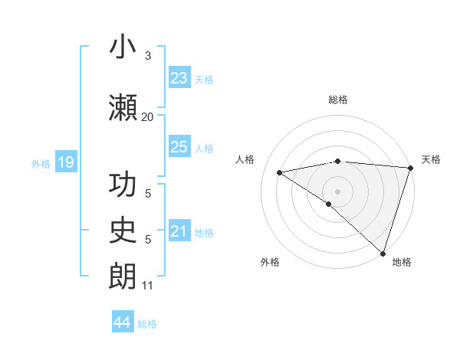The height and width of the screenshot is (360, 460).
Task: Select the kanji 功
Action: click(122, 186)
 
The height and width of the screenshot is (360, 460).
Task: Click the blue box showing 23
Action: click(179, 78)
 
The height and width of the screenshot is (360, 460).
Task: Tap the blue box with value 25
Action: click(179, 147)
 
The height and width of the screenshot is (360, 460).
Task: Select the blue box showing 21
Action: click(179, 231)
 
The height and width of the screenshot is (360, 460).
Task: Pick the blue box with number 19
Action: click(65, 162)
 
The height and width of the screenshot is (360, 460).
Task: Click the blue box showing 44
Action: click(123, 322)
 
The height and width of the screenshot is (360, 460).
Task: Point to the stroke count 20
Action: click(147, 116)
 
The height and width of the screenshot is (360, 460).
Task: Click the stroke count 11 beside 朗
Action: click(147, 286)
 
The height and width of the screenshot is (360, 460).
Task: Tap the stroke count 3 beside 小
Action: click(148, 56)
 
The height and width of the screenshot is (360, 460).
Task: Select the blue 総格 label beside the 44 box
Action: click(147, 324)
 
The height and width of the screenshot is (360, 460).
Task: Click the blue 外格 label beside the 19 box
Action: click(41, 163)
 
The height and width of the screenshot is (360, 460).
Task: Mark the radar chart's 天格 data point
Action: click(411, 167)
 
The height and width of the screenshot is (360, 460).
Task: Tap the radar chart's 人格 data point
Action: click(280, 172)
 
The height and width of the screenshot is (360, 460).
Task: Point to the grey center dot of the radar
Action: click(337, 190)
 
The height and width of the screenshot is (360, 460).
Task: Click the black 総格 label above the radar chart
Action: click(337, 100)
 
